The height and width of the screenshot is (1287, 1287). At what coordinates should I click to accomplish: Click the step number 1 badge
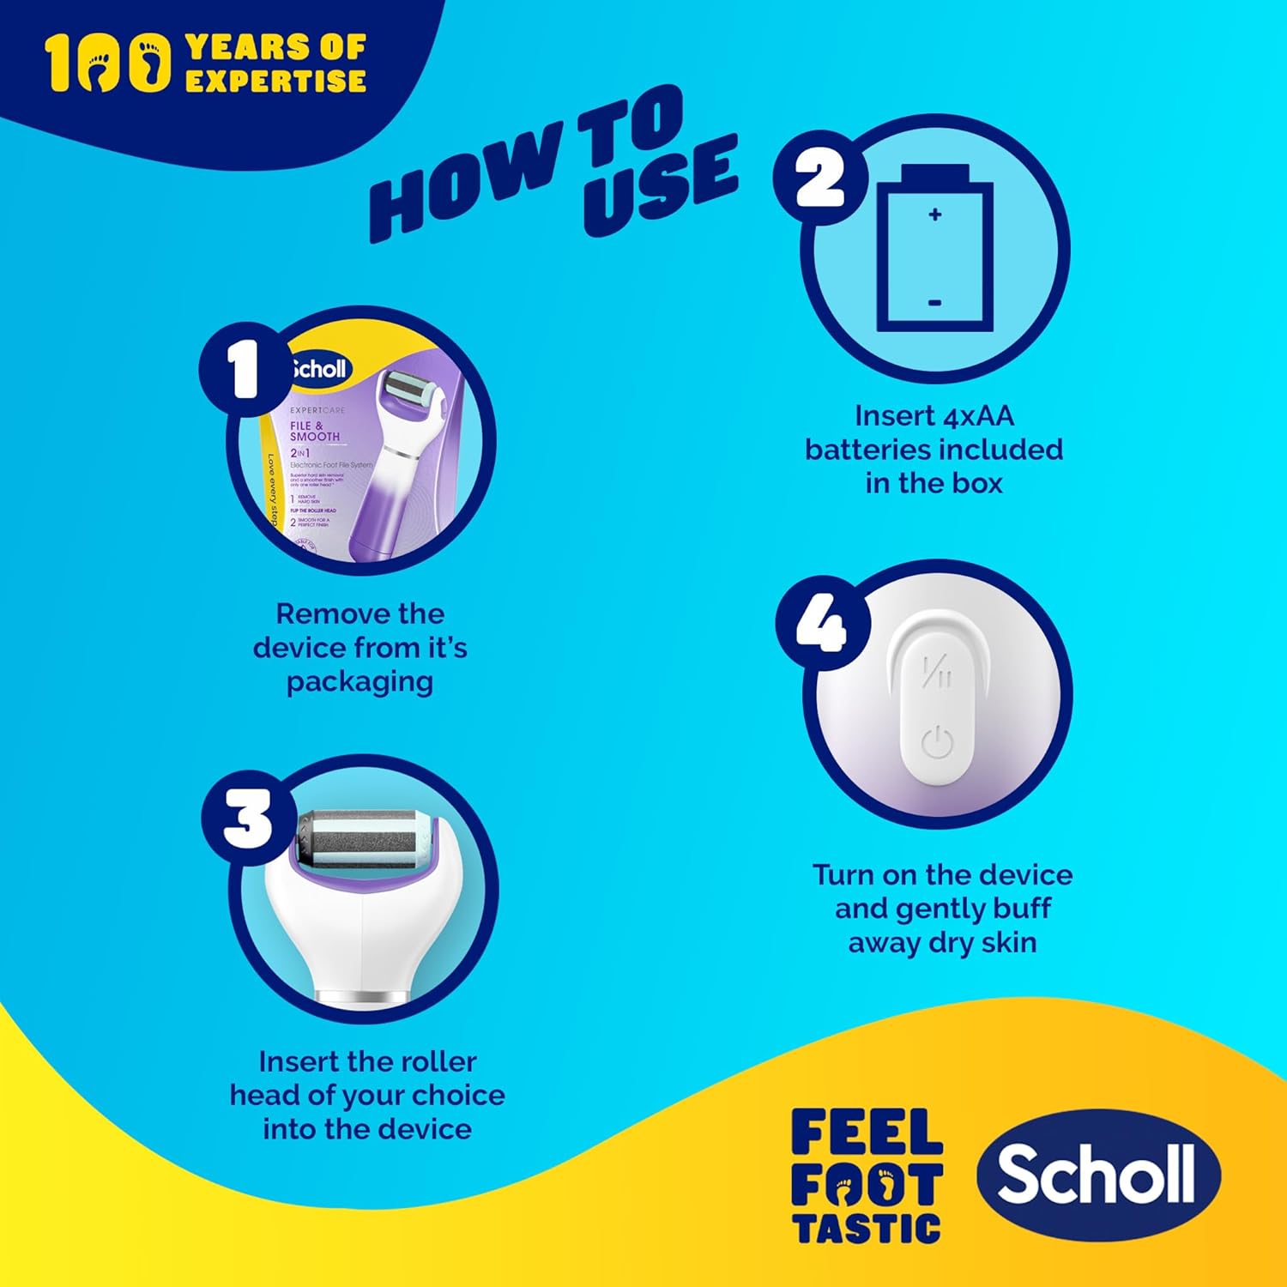click(x=244, y=371)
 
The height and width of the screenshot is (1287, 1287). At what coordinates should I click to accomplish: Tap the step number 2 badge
click(x=820, y=178)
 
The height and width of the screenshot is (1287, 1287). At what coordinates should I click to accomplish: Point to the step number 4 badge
click(x=821, y=621)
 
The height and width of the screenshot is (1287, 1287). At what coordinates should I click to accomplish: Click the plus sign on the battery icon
click(x=935, y=214)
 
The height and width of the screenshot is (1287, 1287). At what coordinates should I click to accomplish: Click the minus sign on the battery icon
click(x=935, y=303)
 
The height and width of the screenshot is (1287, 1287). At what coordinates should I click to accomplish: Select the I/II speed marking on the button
click(x=937, y=672)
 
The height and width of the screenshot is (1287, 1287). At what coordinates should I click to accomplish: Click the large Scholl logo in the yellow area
click(x=1097, y=1175)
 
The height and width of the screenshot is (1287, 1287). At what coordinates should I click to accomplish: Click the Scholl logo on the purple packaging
click(x=319, y=369)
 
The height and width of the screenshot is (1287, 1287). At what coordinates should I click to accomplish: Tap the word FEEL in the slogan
click(x=867, y=1133)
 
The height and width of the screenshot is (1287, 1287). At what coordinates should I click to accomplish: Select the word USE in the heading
click(x=661, y=184)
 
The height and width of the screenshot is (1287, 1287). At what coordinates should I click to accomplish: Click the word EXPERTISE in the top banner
click(x=276, y=81)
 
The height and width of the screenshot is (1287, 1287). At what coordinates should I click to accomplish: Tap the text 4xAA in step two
click(x=978, y=416)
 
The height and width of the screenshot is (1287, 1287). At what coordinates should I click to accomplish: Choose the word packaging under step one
click(x=360, y=682)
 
